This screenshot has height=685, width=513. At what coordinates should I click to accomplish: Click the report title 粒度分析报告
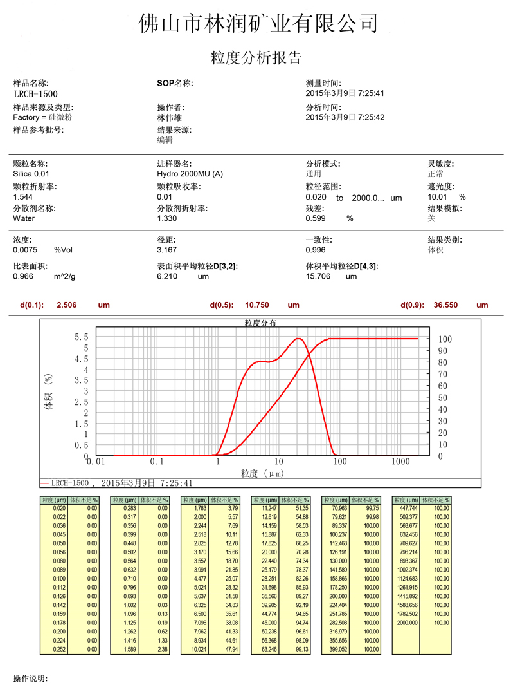(256, 59)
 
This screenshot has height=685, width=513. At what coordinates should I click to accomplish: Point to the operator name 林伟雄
(170, 118)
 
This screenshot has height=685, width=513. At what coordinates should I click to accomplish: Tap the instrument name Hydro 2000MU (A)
(190, 174)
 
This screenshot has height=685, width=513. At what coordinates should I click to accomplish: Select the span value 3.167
(167, 250)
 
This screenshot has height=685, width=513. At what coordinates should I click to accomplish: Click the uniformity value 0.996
(316, 250)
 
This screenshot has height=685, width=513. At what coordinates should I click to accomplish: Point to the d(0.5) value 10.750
(261, 305)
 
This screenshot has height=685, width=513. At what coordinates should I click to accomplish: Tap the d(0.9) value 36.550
(451, 305)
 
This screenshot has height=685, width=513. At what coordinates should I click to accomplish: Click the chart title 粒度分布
(260, 323)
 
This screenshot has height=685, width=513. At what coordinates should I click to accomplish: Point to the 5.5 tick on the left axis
(82, 337)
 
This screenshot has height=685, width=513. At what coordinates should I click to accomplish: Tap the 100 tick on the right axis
(445, 339)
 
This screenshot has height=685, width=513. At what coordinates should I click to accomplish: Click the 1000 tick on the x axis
(401, 462)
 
